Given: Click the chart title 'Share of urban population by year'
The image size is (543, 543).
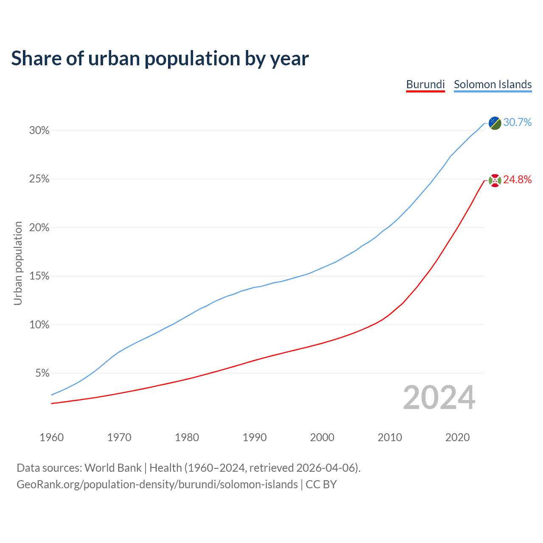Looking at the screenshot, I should [x=160, y=59].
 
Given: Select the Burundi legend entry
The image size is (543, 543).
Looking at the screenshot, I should [x=425, y=84].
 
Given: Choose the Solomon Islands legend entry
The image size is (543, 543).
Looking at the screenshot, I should [x=493, y=84].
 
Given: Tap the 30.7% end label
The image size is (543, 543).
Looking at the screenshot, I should [x=517, y=123].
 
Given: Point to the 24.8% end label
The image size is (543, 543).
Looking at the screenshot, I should [x=517, y=180].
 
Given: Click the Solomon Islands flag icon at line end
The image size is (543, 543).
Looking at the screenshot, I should [x=495, y=123].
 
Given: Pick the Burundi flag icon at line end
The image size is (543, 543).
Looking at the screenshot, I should [x=495, y=180].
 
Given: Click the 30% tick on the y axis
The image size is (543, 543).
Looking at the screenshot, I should [x=39, y=131].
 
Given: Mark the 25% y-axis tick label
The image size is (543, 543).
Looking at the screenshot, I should [x=39, y=179].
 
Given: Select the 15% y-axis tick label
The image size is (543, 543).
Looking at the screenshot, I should [x=39, y=277].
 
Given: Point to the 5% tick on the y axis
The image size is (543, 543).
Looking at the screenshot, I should [x=42, y=374].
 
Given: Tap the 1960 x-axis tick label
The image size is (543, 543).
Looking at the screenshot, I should [x=52, y=437].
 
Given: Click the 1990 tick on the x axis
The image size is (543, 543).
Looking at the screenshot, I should [x=255, y=437].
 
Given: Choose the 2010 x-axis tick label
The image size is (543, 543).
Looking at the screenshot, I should [x=390, y=437].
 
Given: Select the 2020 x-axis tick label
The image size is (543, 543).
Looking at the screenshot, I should [x=457, y=437].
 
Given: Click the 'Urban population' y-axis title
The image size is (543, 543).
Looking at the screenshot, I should [x=18, y=263].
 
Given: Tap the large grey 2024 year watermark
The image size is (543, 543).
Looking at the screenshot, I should [x=439, y=398].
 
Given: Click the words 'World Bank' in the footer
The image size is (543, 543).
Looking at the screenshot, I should [x=113, y=468].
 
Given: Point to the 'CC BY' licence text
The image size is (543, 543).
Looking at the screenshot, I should [x=321, y=484].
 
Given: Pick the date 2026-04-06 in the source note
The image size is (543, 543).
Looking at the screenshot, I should [x=325, y=468].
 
